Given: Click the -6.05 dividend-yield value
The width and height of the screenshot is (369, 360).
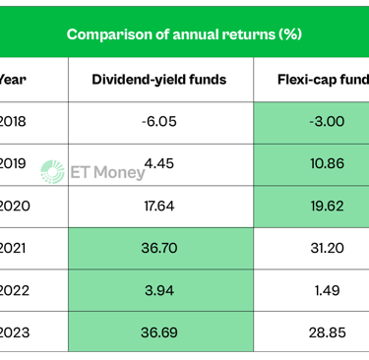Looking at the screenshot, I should pyautogui.click(x=158, y=121).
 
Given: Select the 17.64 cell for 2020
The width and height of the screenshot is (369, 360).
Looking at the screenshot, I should pyautogui.click(x=158, y=206).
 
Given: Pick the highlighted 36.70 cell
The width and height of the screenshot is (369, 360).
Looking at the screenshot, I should pyautogui.click(x=158, y=248).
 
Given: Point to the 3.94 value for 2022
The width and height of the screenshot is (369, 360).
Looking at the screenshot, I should pyautogui.click(x=158, y=290).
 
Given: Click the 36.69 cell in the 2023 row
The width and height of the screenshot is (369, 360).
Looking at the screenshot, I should pyautogui.click(x=158, y=332).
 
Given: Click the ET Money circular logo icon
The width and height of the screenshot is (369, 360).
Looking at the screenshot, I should pyautogui.click(x=53, y=171).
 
